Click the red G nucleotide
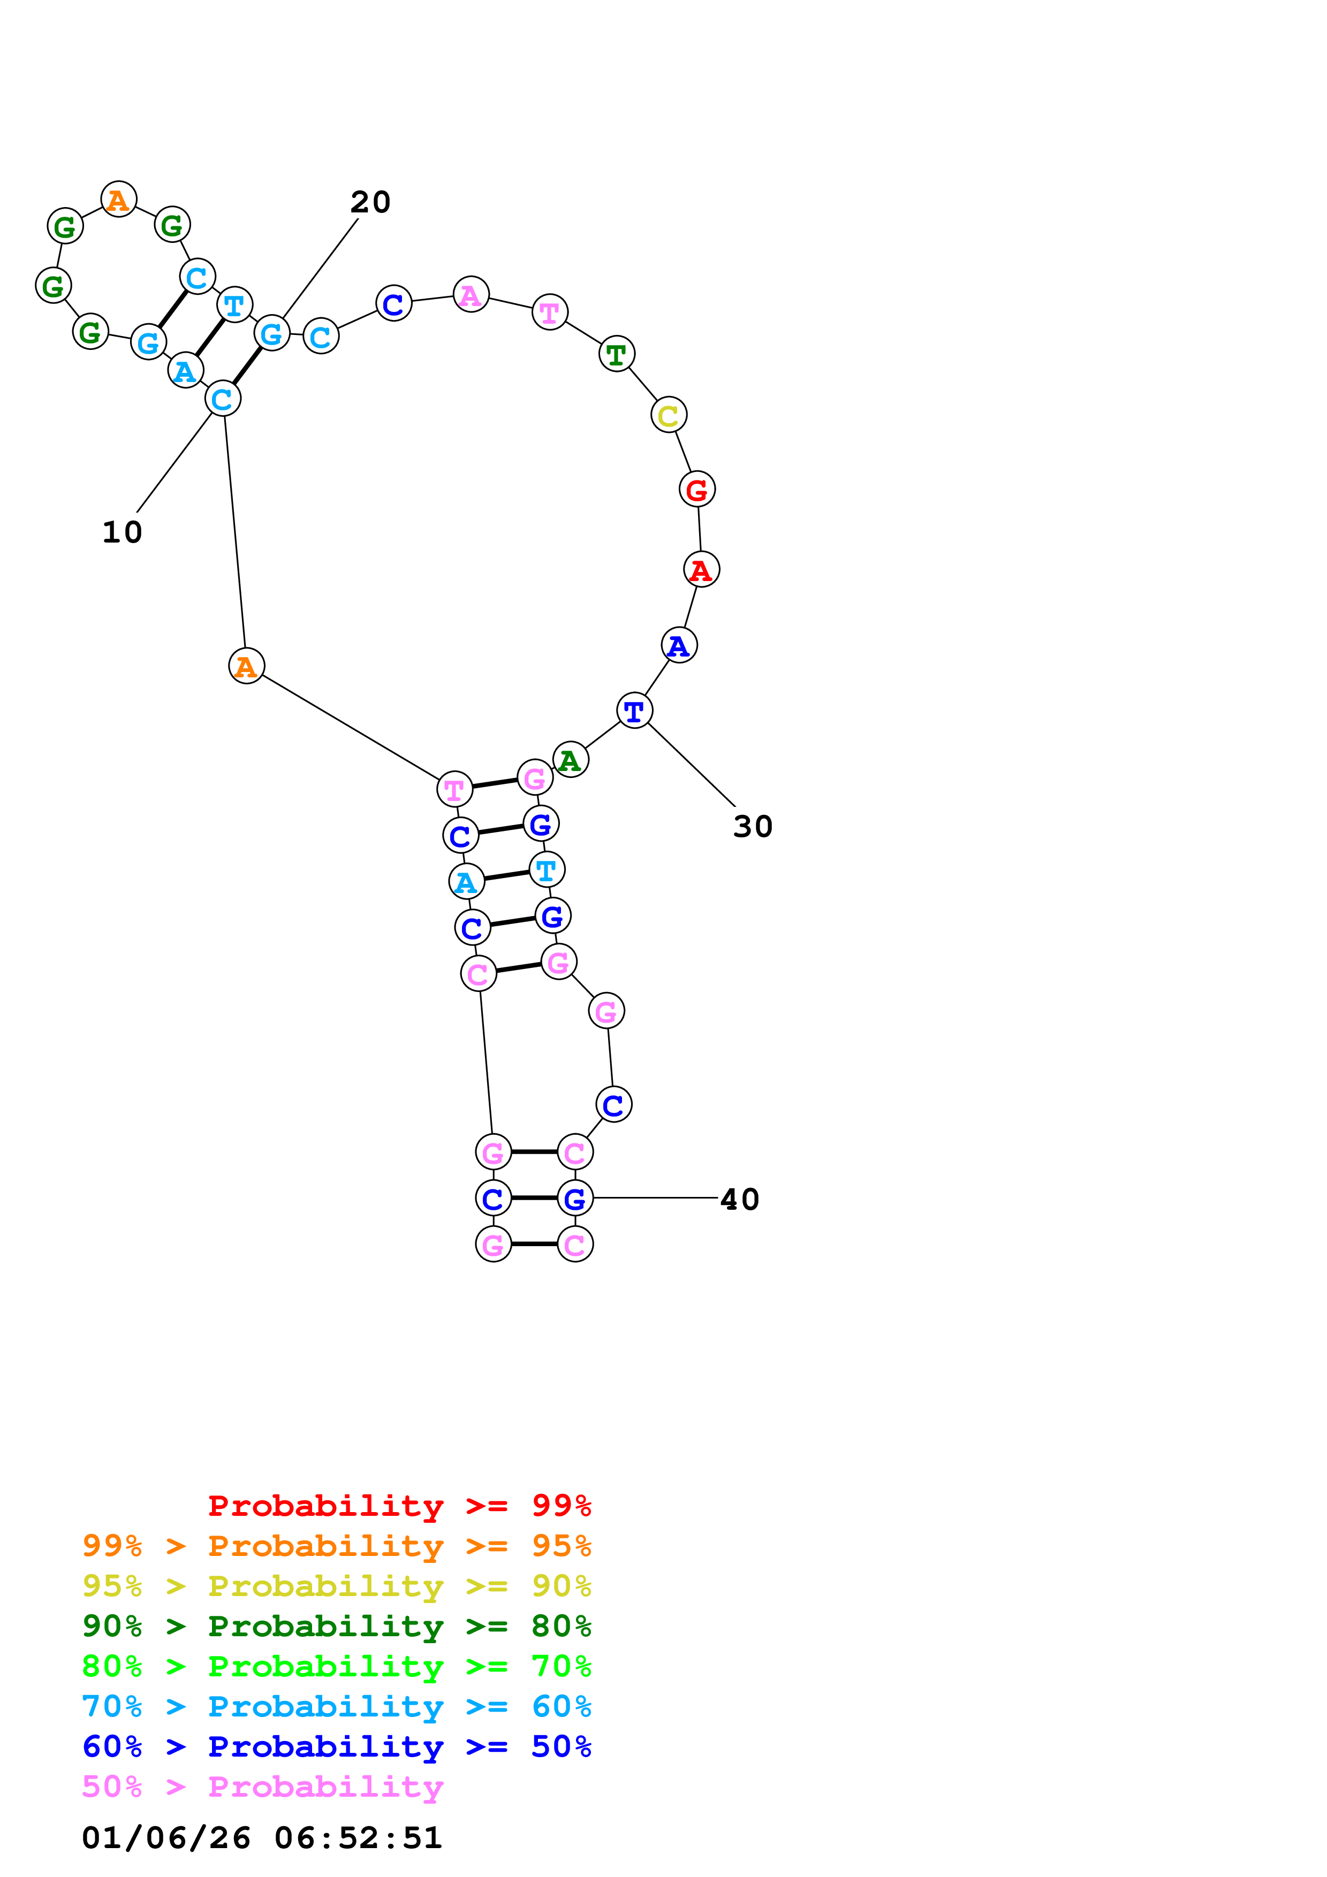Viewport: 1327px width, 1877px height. pyautogui.click(x=696, y=489)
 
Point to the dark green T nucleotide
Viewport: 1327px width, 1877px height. pyautogui.click(x=617, y=354)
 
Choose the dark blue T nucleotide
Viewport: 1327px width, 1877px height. pyautogui.click(x=634, y=711)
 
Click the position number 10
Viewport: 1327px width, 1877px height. pyautogui.click(x=122, y=532)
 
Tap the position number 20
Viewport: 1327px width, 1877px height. pyautogui.click(x=370, y=202)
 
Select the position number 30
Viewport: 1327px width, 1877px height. pyautogui.click(x=752, y=827)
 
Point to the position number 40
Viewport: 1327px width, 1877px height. pyautogui.click(x=739, y=1199)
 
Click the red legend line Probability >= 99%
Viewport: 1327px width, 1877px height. pyautogui.click(x=399, y=1506)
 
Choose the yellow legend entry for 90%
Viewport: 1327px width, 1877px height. pyautogui.click(x=336, y=1586)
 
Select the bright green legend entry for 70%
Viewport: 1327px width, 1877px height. pyautogui.click(x=336, y=1666)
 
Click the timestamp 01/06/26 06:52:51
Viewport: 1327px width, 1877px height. pyautogui.click(x=262, y=1838)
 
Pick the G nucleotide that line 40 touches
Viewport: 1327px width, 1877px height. pyautogui.click(x=575, y=1199)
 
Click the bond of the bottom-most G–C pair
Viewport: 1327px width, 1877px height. pyautogui.click(x=534, y=1243)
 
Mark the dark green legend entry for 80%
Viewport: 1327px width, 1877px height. pyautogui.click(x=336, y=1626)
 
